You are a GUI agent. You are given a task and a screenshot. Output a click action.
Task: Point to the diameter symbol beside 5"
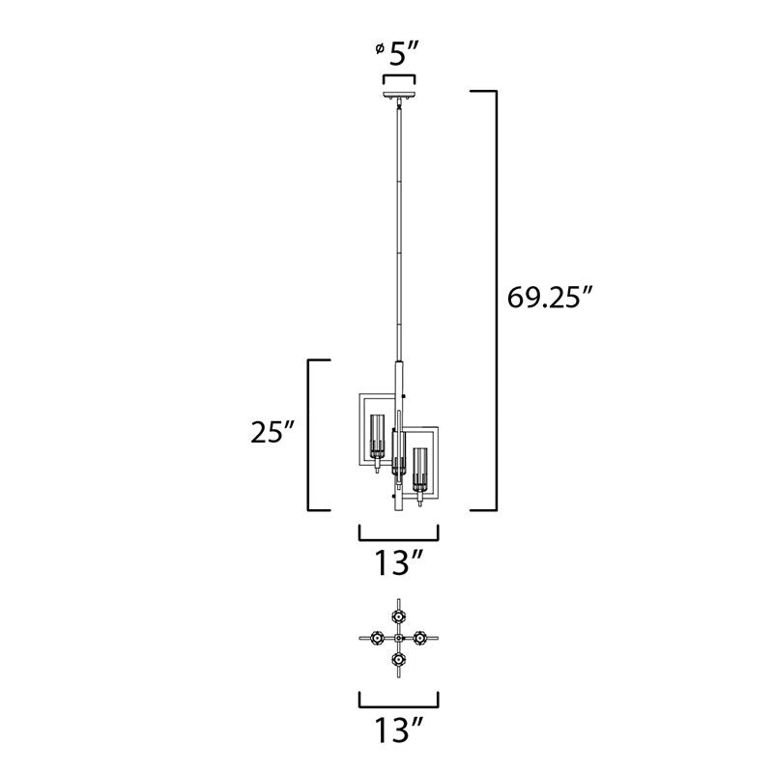[380, 48]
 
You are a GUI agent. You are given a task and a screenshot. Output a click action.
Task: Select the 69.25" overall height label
[549, 298]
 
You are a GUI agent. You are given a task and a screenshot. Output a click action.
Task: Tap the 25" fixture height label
[272, 432]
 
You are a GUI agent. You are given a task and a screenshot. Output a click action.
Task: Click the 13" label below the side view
[398, 562]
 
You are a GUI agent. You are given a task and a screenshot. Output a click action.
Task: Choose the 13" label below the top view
[398, 730]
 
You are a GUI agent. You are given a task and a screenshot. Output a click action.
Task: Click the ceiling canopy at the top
[399, 96]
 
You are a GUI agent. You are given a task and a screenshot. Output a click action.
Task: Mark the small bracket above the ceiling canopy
[399, 78]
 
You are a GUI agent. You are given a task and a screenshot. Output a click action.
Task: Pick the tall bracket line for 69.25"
[496, 301]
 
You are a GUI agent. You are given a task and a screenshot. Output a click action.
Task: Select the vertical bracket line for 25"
[309, 436]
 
